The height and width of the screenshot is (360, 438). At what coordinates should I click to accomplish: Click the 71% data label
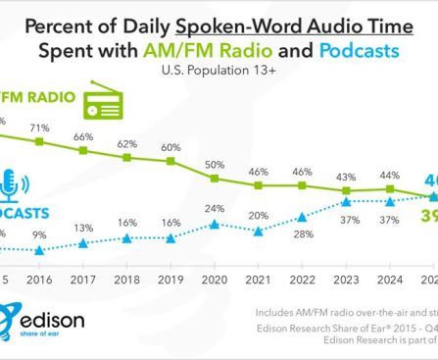pyautogui.click(x=40, y=128)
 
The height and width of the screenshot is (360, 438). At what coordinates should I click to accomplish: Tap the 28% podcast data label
pyautogui.click(x=303, y=233)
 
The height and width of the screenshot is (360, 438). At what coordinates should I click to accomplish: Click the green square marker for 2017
pyautogui.click(x=83, y=149)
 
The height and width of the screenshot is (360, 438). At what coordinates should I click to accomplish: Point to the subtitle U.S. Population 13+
pyautogui.click(x=219, y=71)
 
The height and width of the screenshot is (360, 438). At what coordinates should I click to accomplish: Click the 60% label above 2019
pyautogui.click(x=171, y=146)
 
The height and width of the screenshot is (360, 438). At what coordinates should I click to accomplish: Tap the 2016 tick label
pyautogui.click(x=40, y=279)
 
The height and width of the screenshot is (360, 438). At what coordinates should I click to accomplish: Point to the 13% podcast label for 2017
pyautogui.click(x=84, y=228)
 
